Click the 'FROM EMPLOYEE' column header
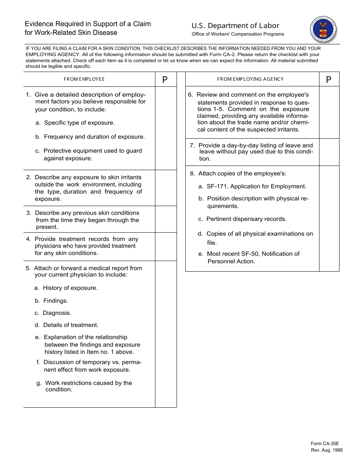tap(84, 79)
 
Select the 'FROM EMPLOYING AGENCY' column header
tap(250, 79)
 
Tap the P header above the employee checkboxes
tap(165, 80)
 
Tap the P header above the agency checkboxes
tap(329, 80)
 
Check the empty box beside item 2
tap(166, 188)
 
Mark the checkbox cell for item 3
tap(166, 219)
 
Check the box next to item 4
tap(166, 247)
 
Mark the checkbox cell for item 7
tap(329, 152)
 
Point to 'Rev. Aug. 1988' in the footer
tap(326, 450)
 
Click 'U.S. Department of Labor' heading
tap(235, 26)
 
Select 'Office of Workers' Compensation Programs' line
tap(238, 34)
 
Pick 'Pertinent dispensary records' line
tap(246, 219)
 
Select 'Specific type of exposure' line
tap(79, 123)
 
